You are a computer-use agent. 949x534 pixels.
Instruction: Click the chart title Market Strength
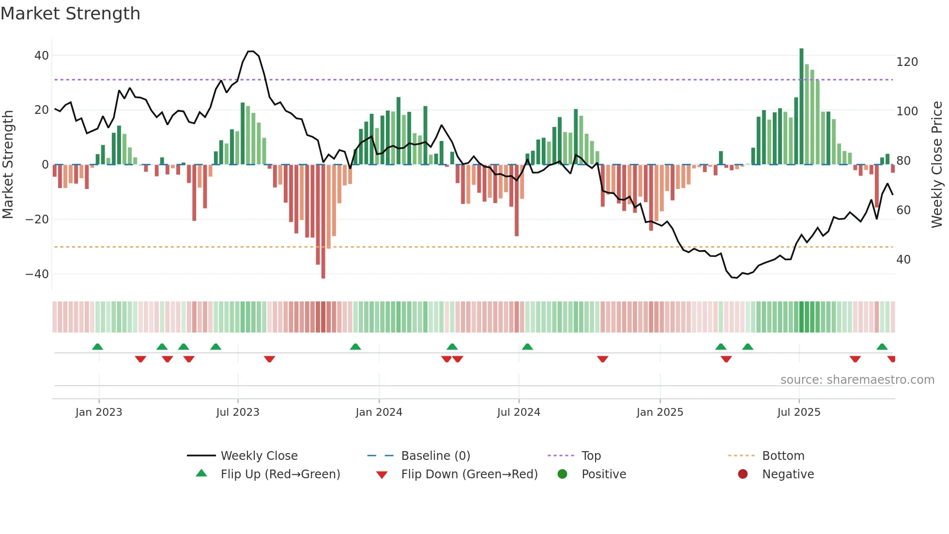tap(70, 14)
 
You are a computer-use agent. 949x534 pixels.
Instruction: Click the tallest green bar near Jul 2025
tap(801, 107)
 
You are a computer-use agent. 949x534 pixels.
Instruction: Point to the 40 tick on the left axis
tap(42, 56)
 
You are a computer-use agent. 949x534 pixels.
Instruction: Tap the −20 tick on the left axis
tap(37, 220)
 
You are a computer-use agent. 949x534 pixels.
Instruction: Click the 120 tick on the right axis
tap(907, 62)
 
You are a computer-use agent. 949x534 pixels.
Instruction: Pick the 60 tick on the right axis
tap(903, 210)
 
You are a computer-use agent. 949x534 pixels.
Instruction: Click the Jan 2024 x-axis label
tap(379, 412)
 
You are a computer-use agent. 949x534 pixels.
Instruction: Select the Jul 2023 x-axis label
tap(238, 412)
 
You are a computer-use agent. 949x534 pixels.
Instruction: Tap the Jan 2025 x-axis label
tap(659, 412)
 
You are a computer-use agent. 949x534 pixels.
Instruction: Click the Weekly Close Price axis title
tap(937, 165)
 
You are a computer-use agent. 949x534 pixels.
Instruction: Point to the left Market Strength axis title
tap(8, 165)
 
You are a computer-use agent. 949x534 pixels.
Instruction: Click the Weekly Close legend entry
tap(259, 456)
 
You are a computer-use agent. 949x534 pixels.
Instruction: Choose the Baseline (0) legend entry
tap(435, 456)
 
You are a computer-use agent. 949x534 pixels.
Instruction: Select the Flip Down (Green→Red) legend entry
tap(469, 474)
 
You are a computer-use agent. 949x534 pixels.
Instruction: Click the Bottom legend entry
tap(783, 456)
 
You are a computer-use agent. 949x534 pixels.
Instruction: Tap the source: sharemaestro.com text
tap(857, 380)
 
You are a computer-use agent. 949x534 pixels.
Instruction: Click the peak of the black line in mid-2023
tap(250, 51)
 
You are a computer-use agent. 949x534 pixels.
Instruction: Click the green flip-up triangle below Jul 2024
tap(527, 346)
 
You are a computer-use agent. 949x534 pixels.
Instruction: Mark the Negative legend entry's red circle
tap(742, 474)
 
